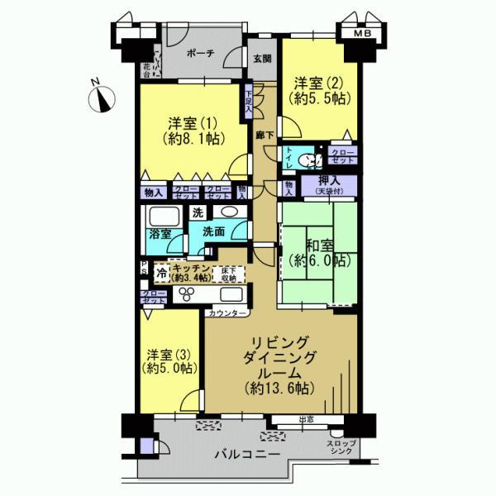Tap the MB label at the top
tap(361, 34)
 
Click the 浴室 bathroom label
tap(160, 234)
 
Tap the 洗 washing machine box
tap(198, 212)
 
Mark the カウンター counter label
tap(227, 314)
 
